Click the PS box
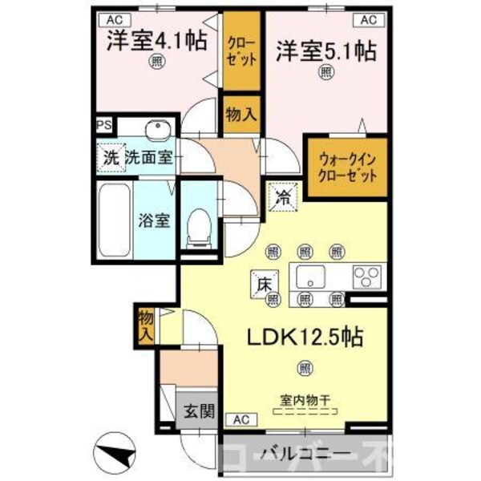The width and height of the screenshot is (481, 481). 103,126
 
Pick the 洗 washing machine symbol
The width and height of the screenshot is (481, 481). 110,157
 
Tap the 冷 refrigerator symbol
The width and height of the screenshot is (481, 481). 283,196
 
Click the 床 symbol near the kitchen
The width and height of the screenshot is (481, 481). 266,282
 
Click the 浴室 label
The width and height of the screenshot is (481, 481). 152,220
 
